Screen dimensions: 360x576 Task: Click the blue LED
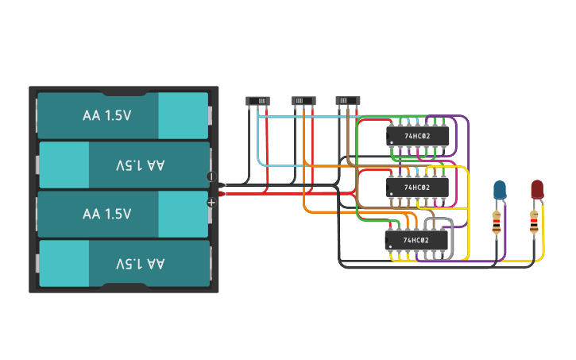click(500, 189)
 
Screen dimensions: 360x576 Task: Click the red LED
click(537, 189)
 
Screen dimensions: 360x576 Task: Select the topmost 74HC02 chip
click(416, 136)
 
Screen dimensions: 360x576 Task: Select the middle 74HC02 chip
click(416, 188)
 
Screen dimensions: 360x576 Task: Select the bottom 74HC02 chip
click(416, 240)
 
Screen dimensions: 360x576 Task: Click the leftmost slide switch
click(258, 101)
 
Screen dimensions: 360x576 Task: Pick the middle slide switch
click(303, 101)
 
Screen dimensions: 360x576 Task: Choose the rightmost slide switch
click(347, 101)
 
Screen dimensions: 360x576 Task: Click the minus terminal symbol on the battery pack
click(211, 176)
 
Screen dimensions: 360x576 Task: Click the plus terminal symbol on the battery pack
click(211, 203)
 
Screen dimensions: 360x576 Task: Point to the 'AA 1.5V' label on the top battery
click(107, 115)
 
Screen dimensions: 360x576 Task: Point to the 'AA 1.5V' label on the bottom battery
click(140, 263)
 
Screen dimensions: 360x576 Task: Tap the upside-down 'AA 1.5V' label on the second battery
click(140, 165)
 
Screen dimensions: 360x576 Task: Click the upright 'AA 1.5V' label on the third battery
click(107, 214)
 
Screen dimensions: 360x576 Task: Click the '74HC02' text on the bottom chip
click(416, 240)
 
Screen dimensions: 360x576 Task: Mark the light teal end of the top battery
click(183, 115)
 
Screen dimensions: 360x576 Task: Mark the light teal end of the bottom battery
click(64, 263)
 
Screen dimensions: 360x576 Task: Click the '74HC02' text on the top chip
click(416, 136)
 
